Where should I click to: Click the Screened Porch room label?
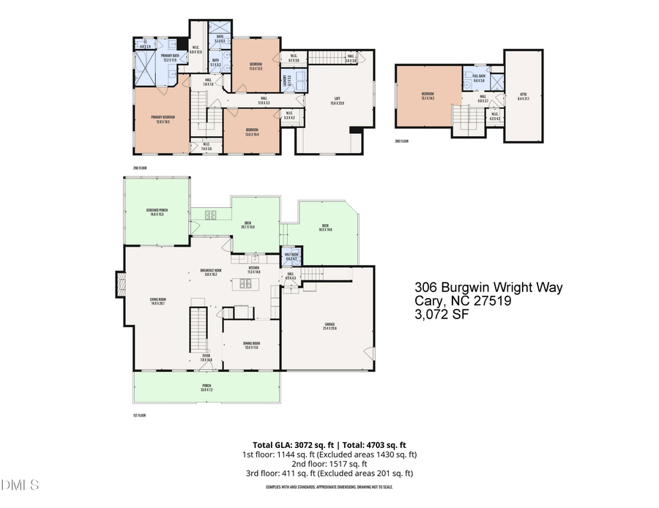tap(157, 212)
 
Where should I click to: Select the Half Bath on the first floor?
tap(291, 256)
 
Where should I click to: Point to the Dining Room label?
tap(251, 345)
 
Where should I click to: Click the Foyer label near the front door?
tap(206, 358)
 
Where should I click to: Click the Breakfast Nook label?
tap(212, 272)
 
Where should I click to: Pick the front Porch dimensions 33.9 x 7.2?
tap(206, 390)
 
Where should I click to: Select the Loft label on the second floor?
tap(337, 101)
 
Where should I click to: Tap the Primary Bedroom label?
tap(163, 119)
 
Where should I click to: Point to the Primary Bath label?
tap(171, 57)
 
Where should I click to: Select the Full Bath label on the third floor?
tap(479, 78)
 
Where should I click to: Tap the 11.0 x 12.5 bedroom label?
tap(254, 67)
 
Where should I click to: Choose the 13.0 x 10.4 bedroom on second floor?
tap(251, 132)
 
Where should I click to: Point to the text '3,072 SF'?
tap(442, 315)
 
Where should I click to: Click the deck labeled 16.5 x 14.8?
tap(325, 228)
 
